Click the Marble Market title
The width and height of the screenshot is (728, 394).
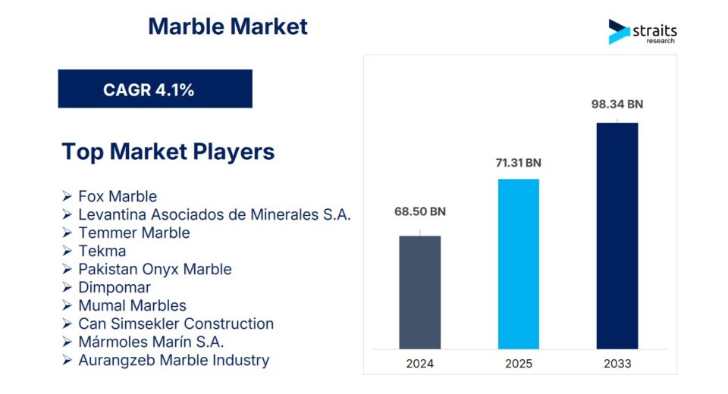click(227, 27)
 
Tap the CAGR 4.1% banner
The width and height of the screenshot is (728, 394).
click(155, 89)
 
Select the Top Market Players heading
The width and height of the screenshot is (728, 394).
click(168, 152)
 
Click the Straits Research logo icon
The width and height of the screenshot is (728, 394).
click(620, 32)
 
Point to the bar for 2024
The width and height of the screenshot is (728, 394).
click(419, 292)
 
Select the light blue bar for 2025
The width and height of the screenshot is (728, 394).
click(519, 264)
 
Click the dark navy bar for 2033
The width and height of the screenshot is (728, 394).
click(617, 236)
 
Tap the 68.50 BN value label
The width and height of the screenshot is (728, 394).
click(419, 211)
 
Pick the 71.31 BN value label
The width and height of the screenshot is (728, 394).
click(518, 163)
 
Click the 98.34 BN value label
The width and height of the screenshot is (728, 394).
click(617, 104)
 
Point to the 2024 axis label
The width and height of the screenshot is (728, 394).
click(419, 364)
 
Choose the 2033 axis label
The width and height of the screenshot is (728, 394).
click(617, 364)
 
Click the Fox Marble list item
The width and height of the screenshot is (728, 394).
click(118, 196)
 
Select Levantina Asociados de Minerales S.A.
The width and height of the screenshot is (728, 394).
click(215, 214)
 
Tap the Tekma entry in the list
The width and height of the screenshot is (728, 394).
click(102, 251)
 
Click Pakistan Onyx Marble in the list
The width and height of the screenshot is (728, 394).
click(155, 269)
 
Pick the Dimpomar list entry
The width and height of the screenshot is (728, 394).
click(115, 287)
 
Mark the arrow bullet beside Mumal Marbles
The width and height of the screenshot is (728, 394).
click(67, 305)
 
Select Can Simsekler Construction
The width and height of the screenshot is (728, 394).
click(176, 324)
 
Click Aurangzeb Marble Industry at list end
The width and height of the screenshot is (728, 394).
click(174, 360)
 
